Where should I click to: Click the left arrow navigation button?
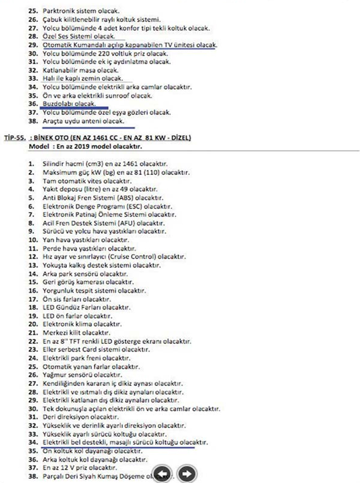coord(162,473)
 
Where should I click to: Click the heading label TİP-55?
coord(14,138)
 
